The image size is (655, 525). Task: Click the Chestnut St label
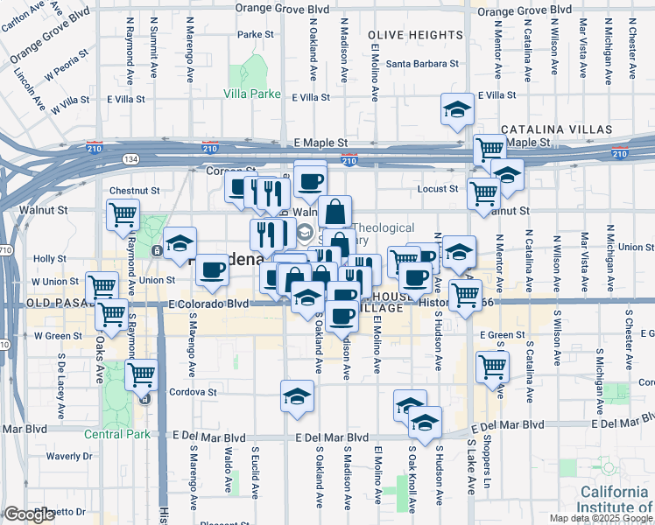point(134,190)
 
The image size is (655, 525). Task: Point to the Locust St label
point(440,188)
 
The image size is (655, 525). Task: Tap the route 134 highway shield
point(130,158)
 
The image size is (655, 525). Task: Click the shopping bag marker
point(335,211)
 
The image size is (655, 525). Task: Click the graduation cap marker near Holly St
point(180,244)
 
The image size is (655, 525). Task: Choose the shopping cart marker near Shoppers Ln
point(493,366)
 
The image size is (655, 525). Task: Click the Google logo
point(29,514)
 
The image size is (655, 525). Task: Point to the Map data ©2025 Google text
point(600,518)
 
